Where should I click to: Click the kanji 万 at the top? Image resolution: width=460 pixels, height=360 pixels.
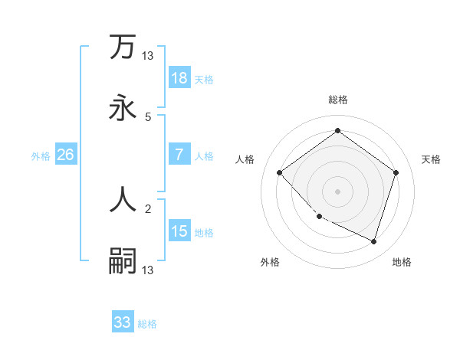point(123,47)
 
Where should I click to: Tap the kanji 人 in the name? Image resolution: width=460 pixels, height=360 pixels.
point(123,200)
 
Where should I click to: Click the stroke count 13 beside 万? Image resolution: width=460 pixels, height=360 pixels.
point(148,55)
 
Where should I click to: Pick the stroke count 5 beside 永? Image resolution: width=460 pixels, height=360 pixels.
point(148,117)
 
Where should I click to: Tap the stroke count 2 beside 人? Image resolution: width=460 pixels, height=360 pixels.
point(148,208)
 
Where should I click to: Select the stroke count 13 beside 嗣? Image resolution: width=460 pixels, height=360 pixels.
point(148,270)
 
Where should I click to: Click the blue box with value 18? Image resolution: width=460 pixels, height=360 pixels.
point(179,78)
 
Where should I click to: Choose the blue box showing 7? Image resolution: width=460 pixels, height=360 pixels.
point(179,155)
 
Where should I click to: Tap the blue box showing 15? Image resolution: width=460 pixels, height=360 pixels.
point(179,231)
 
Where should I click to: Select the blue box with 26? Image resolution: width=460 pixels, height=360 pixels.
point(66,155)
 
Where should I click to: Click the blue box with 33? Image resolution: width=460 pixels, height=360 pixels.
point(123,322)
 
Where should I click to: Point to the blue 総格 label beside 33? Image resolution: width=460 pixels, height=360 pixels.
point(147,324)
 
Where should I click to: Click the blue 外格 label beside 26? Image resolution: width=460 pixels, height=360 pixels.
point(41,155)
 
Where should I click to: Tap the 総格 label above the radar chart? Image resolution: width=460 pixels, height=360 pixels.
point(337,100)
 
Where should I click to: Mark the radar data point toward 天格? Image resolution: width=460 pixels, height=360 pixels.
point(396,172)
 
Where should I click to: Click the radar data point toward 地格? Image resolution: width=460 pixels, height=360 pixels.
point(373,241)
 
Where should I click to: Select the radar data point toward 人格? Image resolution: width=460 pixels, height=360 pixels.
point(280,172)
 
